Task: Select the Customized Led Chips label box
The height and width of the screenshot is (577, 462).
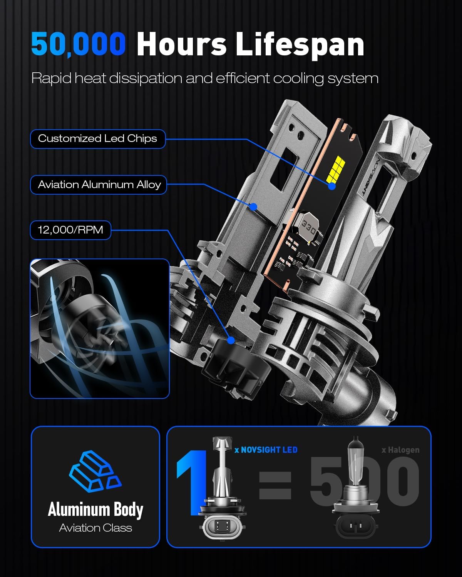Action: click(x=98, y=139)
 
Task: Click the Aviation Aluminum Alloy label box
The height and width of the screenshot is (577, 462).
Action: click(x=99, y=185)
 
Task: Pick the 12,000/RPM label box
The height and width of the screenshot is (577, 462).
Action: click(x=70, y=230)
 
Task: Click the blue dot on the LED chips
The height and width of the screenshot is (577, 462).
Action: click(x=332, y=186)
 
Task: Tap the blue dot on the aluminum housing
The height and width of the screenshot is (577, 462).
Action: click(x=253, y=207)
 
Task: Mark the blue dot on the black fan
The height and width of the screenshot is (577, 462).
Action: click(x=231, y=340)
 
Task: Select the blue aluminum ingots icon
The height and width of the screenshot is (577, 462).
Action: click(x=95, y=471)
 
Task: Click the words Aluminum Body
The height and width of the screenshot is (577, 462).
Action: click(x=95, y=509)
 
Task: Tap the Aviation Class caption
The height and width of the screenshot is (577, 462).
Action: click(x=95, y=528)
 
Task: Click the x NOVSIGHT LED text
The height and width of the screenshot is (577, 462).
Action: click(x=266, y=450)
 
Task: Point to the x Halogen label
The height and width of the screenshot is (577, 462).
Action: click(x=400, y=450)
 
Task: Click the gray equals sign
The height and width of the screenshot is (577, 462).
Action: click(x=275, y=485)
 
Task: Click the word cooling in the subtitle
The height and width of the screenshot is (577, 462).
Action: click(x=298, y=79)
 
